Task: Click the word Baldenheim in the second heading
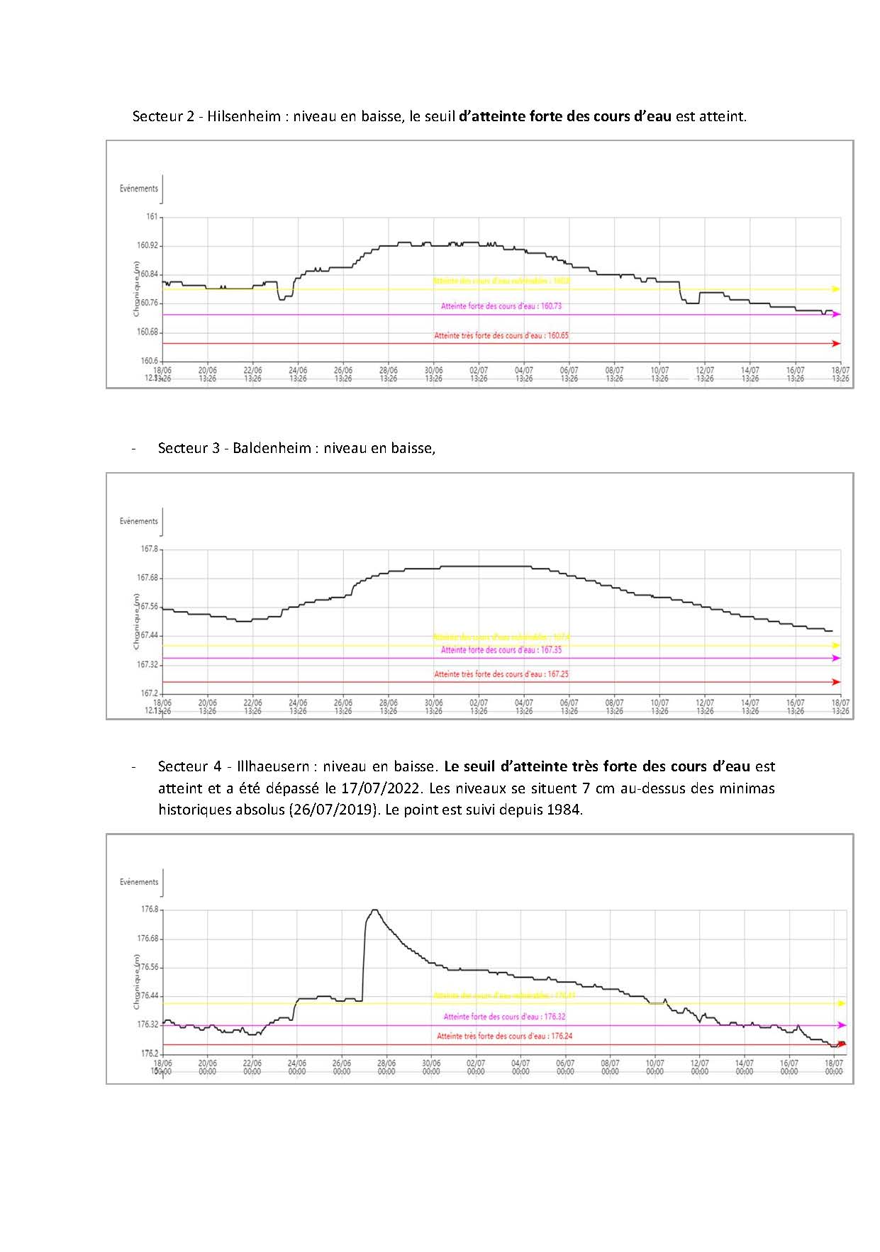pyautogui.click(x=272, y=448)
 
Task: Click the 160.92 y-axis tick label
pyautogui.click(x=149, y=245)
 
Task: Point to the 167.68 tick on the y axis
pyautogui.click(x=148, y=579)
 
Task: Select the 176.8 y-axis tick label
pyautogui.click(x=150, y=910)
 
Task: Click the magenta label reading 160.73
pyautogui.click(x=501, y=306)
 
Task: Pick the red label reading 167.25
pyautogui.click(x=501, y=674)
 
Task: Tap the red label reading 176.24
pyautogui.click(x=504, y=1036)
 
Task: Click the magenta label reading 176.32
pyautogui.click(x=504, y=1017)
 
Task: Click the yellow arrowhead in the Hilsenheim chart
pyautogui.click(x=836, y=289)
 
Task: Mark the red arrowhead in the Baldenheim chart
pyautogui.click(x=836, y=682)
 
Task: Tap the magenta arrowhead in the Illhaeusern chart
pyautogui.click(x=842, y=1025)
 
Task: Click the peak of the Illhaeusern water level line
pyautogui.click(x=374, y=910)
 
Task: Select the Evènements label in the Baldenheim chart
pyautogui.click(x=139, y=521)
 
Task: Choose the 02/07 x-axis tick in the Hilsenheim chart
pyautogui.click(x=479, y=370)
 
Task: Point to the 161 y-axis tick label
pyautogui.click(x=152, y=217)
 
